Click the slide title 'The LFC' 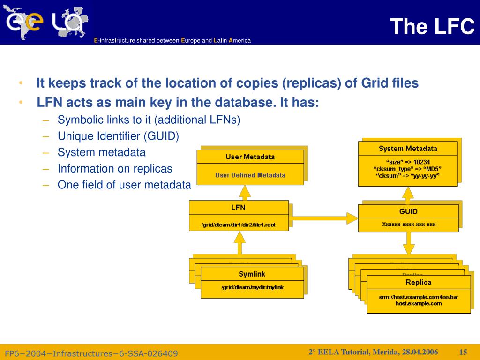click(432, 26)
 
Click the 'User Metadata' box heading click(250, 157)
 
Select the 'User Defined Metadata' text click(250, 175)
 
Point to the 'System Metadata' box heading click(408, 149)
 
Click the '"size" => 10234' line click(408, 162)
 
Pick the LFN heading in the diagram click(239, 208)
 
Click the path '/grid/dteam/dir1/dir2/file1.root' click(239, 225)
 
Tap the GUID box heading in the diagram click(408, 211)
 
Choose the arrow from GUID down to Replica click(409, 243)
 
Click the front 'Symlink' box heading click(252, 274)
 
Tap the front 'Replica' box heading click(418, 282)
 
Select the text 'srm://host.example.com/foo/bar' click(419, 297)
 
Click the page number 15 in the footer click(464, 352)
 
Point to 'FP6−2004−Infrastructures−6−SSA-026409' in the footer click(91, 353)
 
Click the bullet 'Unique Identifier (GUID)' click(118, 136)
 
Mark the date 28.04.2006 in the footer click(419, 352)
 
